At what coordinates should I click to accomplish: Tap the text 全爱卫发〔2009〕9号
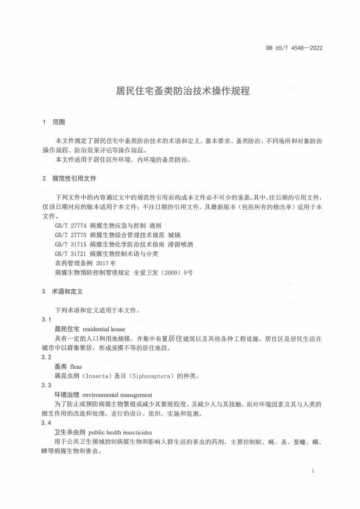click(x=163, y=274)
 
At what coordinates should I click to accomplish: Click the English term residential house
click(x=104, y=329)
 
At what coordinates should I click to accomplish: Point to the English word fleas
click(x=77, y=367)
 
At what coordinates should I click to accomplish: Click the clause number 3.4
click(x=47, y=422)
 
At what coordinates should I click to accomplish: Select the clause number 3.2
click(x=47, y=357)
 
